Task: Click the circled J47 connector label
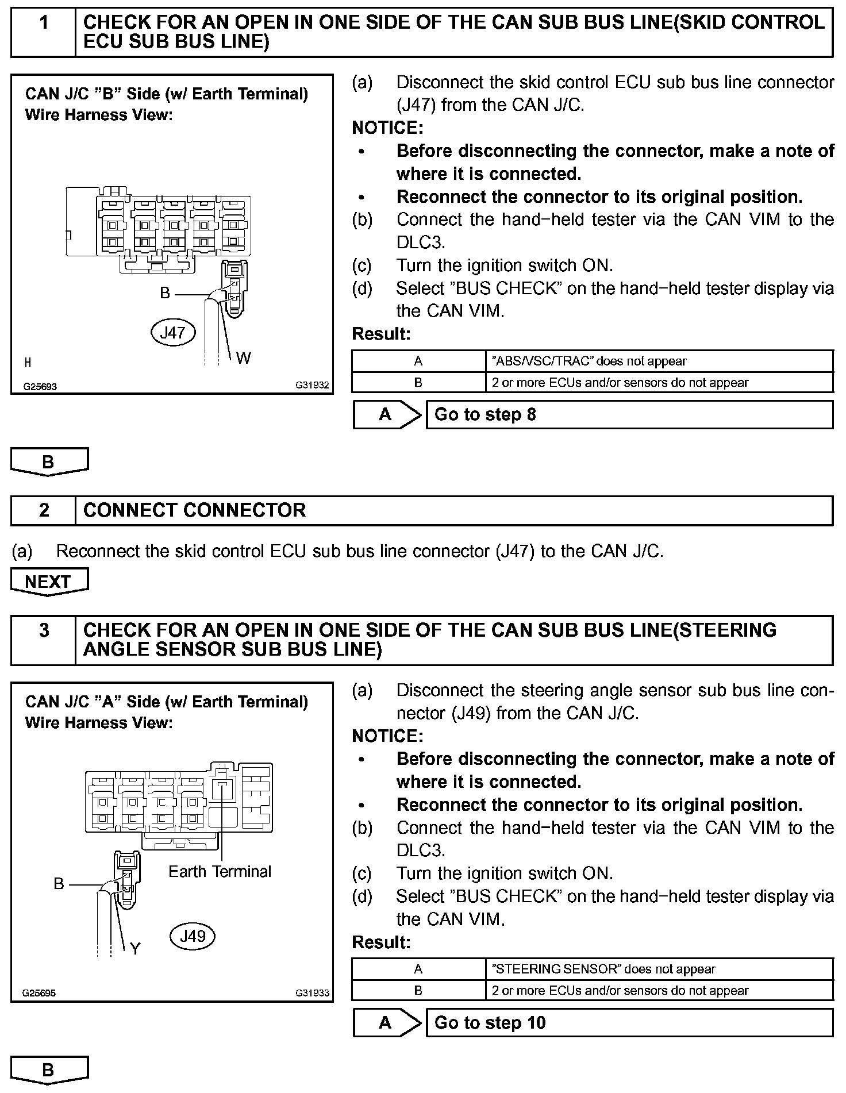click(x=173, y=332)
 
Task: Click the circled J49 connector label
click(x=193, y=936)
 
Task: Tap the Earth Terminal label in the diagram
click(x=220, y=871)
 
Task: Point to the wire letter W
click(x=243, y=358)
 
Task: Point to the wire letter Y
click(x=135, y=948)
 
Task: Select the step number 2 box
click(x=44, y=510)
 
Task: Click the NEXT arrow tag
click(x=48, y=582)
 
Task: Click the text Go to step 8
click(x=485, y=414)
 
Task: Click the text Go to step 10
click(x=490, y=1022)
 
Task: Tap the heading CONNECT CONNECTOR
click(x=195, y=510)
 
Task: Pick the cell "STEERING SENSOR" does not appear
click(x=603, y=969)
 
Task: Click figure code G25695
click(x=39, y=993)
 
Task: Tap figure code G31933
click(x=313, y=993)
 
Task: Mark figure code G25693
click(x=40, y=387)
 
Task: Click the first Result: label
click(x=381, y=334)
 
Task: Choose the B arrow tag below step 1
click(x=48, y=461)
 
